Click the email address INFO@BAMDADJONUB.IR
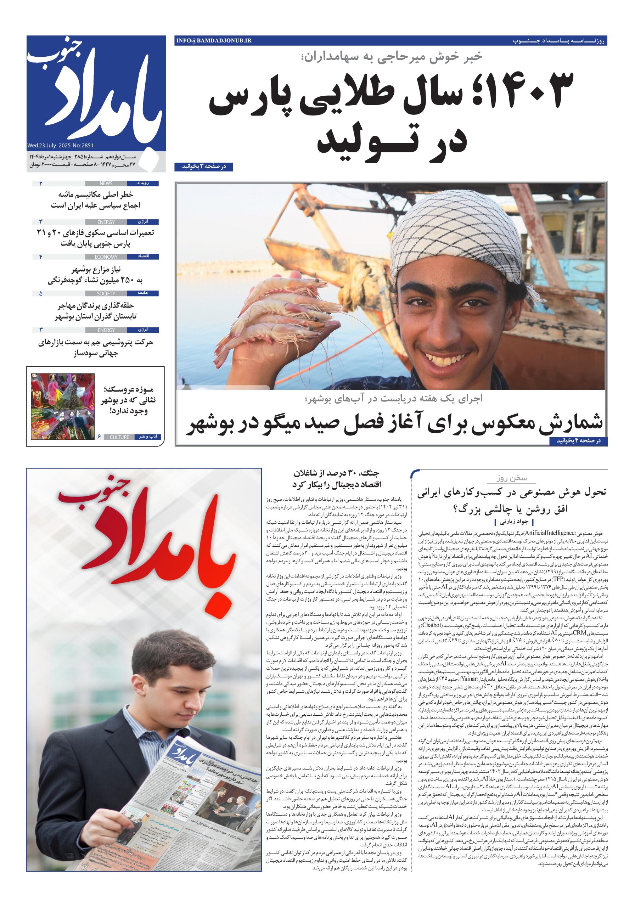214,41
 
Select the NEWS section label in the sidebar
106,183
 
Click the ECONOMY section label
106,257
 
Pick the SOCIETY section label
106,293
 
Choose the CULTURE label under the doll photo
119,437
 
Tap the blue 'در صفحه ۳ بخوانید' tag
203,167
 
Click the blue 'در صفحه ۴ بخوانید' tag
578,440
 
